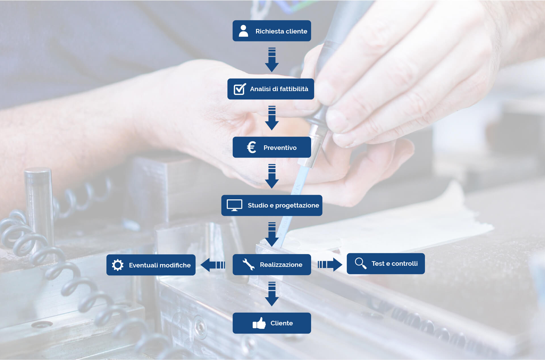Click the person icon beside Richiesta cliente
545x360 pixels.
click(243, 31)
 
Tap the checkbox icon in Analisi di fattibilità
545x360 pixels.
click(240, 89)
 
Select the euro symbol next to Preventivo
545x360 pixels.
click(251, 147)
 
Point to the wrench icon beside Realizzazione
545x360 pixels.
click(248, 264)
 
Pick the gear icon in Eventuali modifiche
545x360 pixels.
click(118, 265)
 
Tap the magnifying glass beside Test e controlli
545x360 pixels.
click(361, 263)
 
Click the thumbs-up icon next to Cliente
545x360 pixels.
click(259, 323)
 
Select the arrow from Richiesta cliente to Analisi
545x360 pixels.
click(272, 60)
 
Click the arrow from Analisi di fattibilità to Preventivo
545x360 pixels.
click(272, 118)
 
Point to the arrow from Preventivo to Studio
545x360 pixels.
click(272, 176)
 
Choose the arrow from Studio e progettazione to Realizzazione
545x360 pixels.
click(272, 235)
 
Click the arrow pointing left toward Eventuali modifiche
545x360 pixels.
click(213, 265)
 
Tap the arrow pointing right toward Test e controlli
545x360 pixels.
click(330, 265)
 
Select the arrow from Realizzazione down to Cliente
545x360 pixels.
click(272, 294)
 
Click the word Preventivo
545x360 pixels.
click(280, 148)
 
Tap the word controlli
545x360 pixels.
click(404, 263)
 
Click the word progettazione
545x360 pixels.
click(297, 206)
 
